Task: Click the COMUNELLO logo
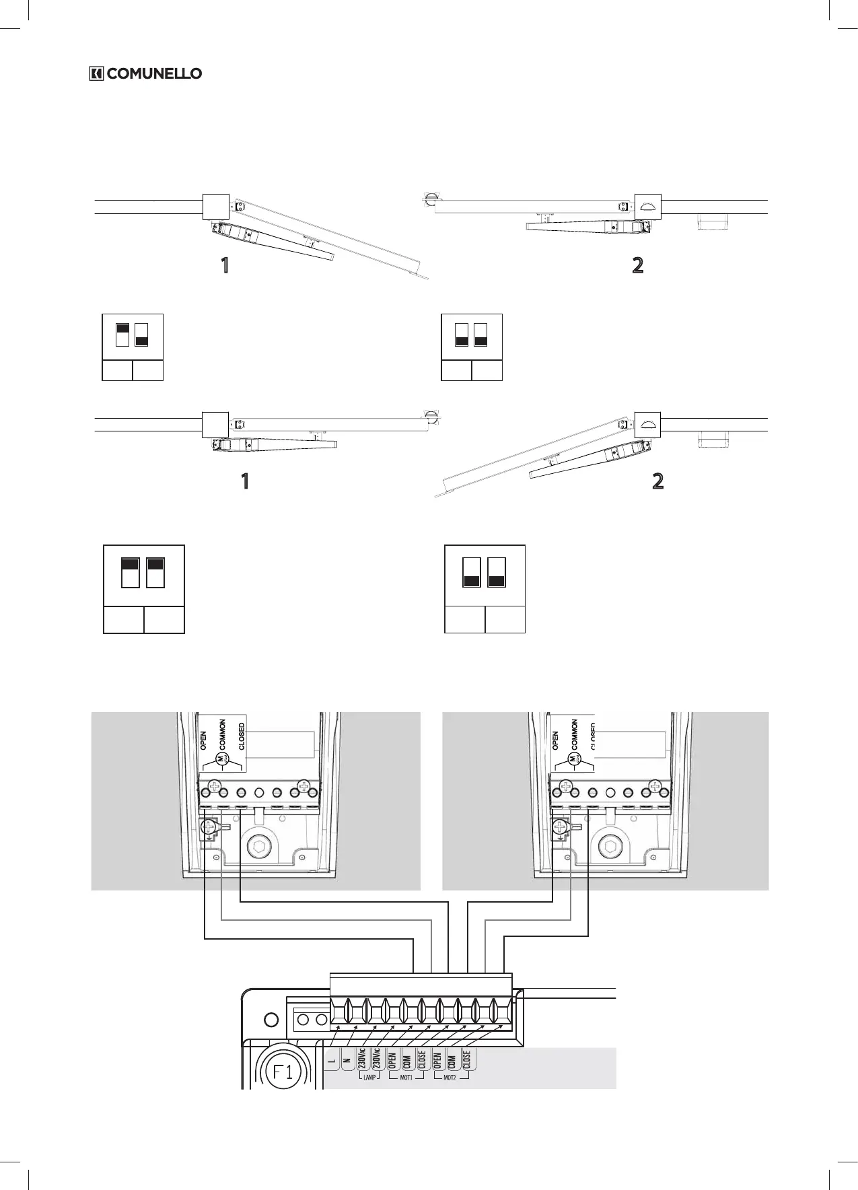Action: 145,73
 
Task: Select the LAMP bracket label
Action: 369,1078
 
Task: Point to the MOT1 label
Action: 405,1078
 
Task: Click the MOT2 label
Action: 450,1078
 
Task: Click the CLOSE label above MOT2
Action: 466,1059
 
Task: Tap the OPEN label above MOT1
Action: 392,1059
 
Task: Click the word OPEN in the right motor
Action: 555,741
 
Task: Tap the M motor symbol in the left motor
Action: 220,759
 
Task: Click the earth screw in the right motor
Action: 561,829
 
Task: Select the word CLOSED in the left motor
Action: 242,736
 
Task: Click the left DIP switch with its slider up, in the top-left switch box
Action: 122,334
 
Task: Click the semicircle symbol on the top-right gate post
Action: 648,207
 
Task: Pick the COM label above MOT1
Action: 407,1059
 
